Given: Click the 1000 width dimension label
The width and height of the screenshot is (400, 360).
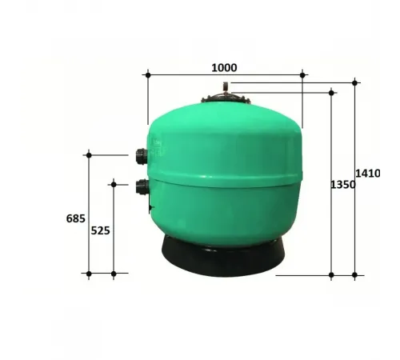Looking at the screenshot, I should pos(224,67).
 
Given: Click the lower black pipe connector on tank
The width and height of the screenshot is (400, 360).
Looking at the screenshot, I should pos(142,188).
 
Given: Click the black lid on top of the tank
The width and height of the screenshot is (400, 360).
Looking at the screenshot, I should pos(224,100).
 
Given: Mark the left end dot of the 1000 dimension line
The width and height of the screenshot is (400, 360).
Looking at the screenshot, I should pos(148,75).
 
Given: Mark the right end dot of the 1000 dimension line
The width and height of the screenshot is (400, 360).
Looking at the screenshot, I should pos(302,75).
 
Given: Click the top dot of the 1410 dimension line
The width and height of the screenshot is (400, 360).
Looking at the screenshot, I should pos(355,82).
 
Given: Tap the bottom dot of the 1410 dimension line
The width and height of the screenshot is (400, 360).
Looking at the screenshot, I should pos(355,275).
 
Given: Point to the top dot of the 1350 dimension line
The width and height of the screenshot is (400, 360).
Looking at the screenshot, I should pos(332,93).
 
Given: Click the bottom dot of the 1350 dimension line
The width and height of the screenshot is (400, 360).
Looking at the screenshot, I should pos(332,275).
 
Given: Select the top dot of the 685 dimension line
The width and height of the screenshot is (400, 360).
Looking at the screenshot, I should pos(89,155).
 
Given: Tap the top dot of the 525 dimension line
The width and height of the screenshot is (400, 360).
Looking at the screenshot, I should pos(114,185).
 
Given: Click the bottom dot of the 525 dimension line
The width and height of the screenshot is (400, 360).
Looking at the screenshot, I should pos(114,274).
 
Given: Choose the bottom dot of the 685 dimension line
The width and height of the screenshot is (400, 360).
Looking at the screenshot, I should pos(89,274).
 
